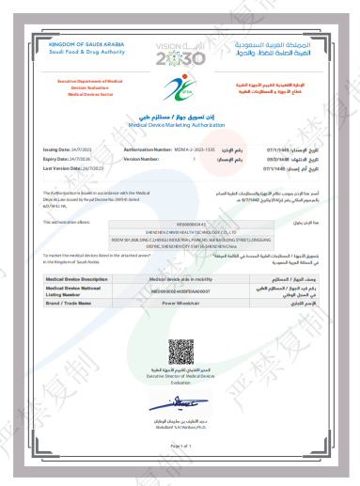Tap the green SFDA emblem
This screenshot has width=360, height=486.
pos(179,92)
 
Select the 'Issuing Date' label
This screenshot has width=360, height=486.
pos(58,149)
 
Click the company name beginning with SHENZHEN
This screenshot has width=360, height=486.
pos(180,232)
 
